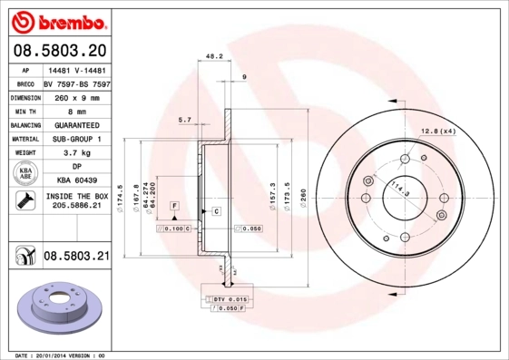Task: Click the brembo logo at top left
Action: [56, 19]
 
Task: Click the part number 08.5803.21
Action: [76, 258]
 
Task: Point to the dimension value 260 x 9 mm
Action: [75, 95]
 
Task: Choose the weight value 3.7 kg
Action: [75, 153]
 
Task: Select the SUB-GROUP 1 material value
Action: [75, 139]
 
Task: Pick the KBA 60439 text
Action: [75, 180]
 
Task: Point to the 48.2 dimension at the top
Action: [214, 56]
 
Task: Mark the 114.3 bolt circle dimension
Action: [397, 190]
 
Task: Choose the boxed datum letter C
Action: [218, 211]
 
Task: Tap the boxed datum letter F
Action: [172, 207]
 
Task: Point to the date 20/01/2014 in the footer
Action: [56, 355]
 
